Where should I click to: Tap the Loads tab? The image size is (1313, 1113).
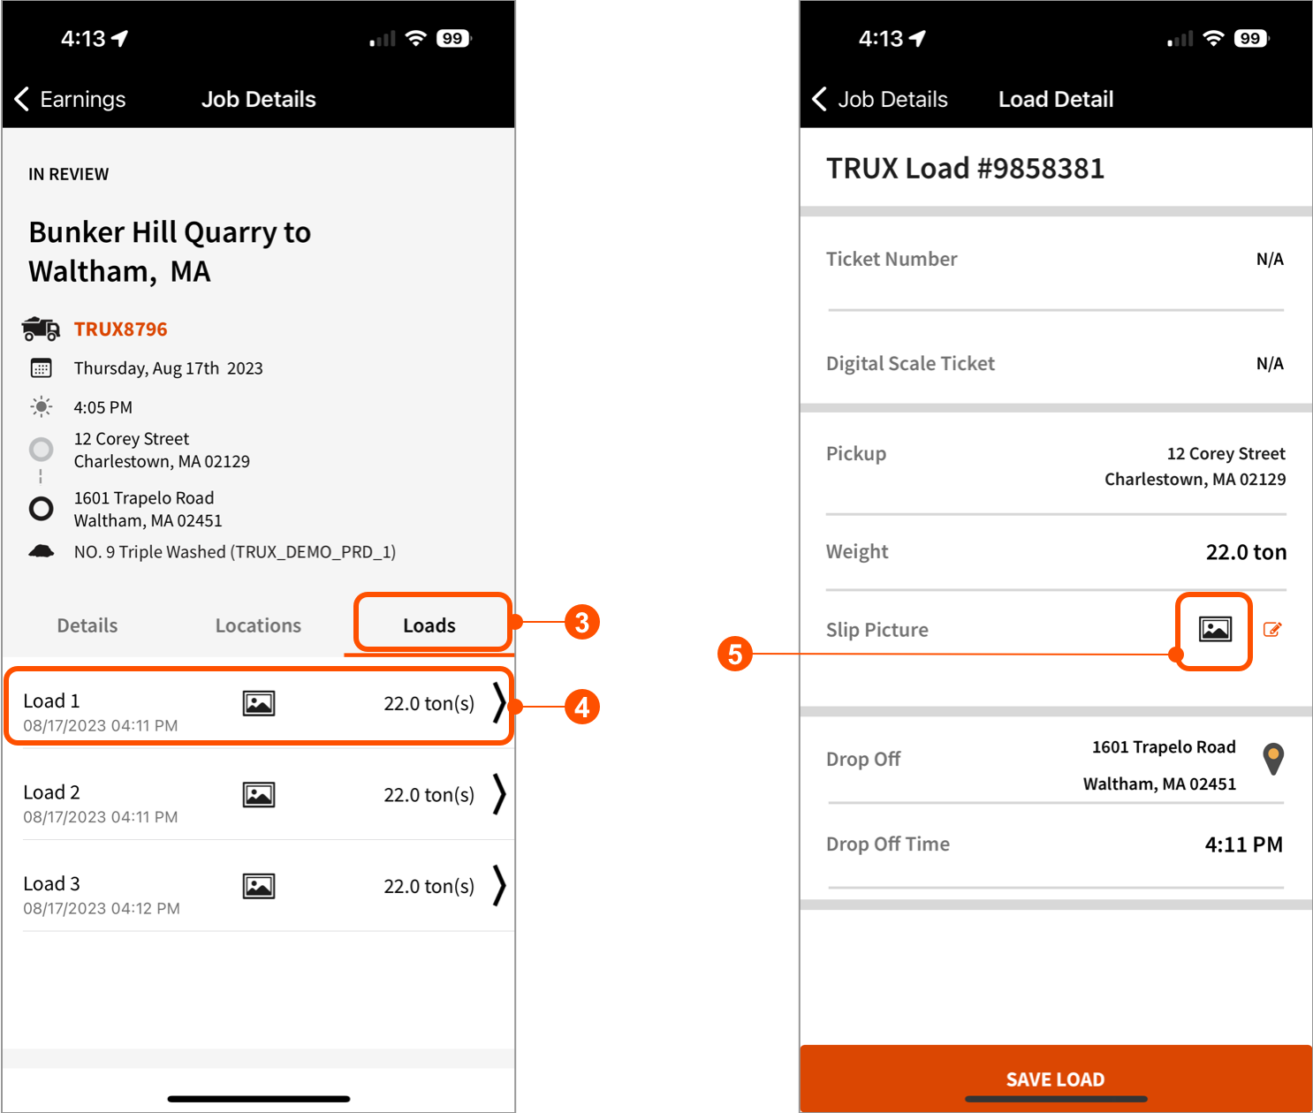point(429,625)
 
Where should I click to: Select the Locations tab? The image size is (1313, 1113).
point(258,625)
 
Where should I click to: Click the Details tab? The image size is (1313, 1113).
point(87,625)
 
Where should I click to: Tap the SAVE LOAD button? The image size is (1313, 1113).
point(1055,1079)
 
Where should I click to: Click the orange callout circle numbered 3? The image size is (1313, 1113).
point(582,622)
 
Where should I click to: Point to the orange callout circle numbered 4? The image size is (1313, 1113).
point(582,707)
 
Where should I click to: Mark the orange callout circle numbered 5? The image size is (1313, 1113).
point(735,654)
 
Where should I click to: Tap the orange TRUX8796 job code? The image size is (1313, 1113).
point(120,329)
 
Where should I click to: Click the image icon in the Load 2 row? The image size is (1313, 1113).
point(259,795)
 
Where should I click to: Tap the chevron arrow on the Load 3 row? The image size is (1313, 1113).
point(499,885)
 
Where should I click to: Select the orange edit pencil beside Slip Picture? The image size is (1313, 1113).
point(1272,630)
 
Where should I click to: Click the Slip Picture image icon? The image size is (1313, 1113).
point(1215,629)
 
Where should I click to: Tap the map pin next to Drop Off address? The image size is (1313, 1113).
point(1273,759)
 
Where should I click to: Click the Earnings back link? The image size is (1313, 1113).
point(72,99)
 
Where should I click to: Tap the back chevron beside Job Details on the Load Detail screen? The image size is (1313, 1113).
point(820,99)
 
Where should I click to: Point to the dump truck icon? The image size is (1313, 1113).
point(41,329)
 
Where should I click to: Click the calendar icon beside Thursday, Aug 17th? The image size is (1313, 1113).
point(41,368)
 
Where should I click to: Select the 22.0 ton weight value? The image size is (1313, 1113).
point(1246,552)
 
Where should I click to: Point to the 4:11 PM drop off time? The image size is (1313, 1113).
point(1243,844)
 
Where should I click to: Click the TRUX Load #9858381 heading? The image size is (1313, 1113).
point(965,168)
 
